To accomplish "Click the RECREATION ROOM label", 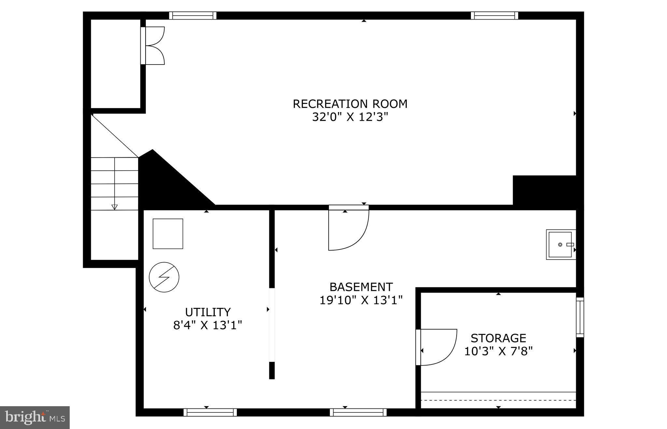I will click(350, 104).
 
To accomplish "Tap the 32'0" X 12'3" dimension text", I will click(350, 117).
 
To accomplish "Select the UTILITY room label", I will click(208, 312).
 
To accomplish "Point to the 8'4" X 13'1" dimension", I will click(208, 325).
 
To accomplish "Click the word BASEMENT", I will click(361, 287).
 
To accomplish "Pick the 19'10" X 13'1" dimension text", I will click(361, 300).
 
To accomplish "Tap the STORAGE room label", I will click(498, 338).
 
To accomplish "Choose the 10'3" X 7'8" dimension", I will click(498, 351).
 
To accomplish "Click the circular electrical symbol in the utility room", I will click(164, 277).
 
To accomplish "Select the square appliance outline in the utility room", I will click(168, 234).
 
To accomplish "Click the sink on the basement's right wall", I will click(561, 244).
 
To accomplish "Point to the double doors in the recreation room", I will click(153, 46).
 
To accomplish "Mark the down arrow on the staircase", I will click(114, 207).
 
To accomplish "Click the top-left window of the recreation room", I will click(193, 15).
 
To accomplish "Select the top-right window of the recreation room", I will click(494, 15).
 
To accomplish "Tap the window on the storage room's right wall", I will click(580, 317).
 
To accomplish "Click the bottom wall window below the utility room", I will click(210, 412).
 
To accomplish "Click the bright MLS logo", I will click(35, 417).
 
